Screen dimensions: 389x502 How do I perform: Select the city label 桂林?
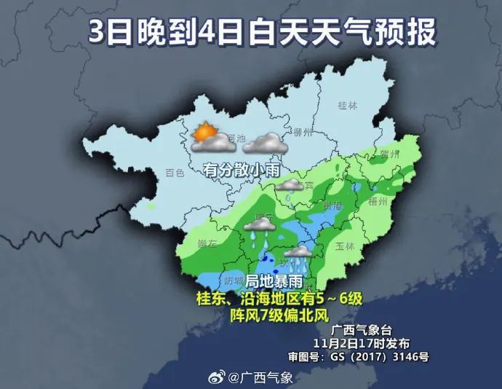[x=348, y=105]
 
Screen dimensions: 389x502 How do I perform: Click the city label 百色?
[x=175, y=173]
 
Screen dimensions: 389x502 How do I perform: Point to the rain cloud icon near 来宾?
[x=292, y=188]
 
